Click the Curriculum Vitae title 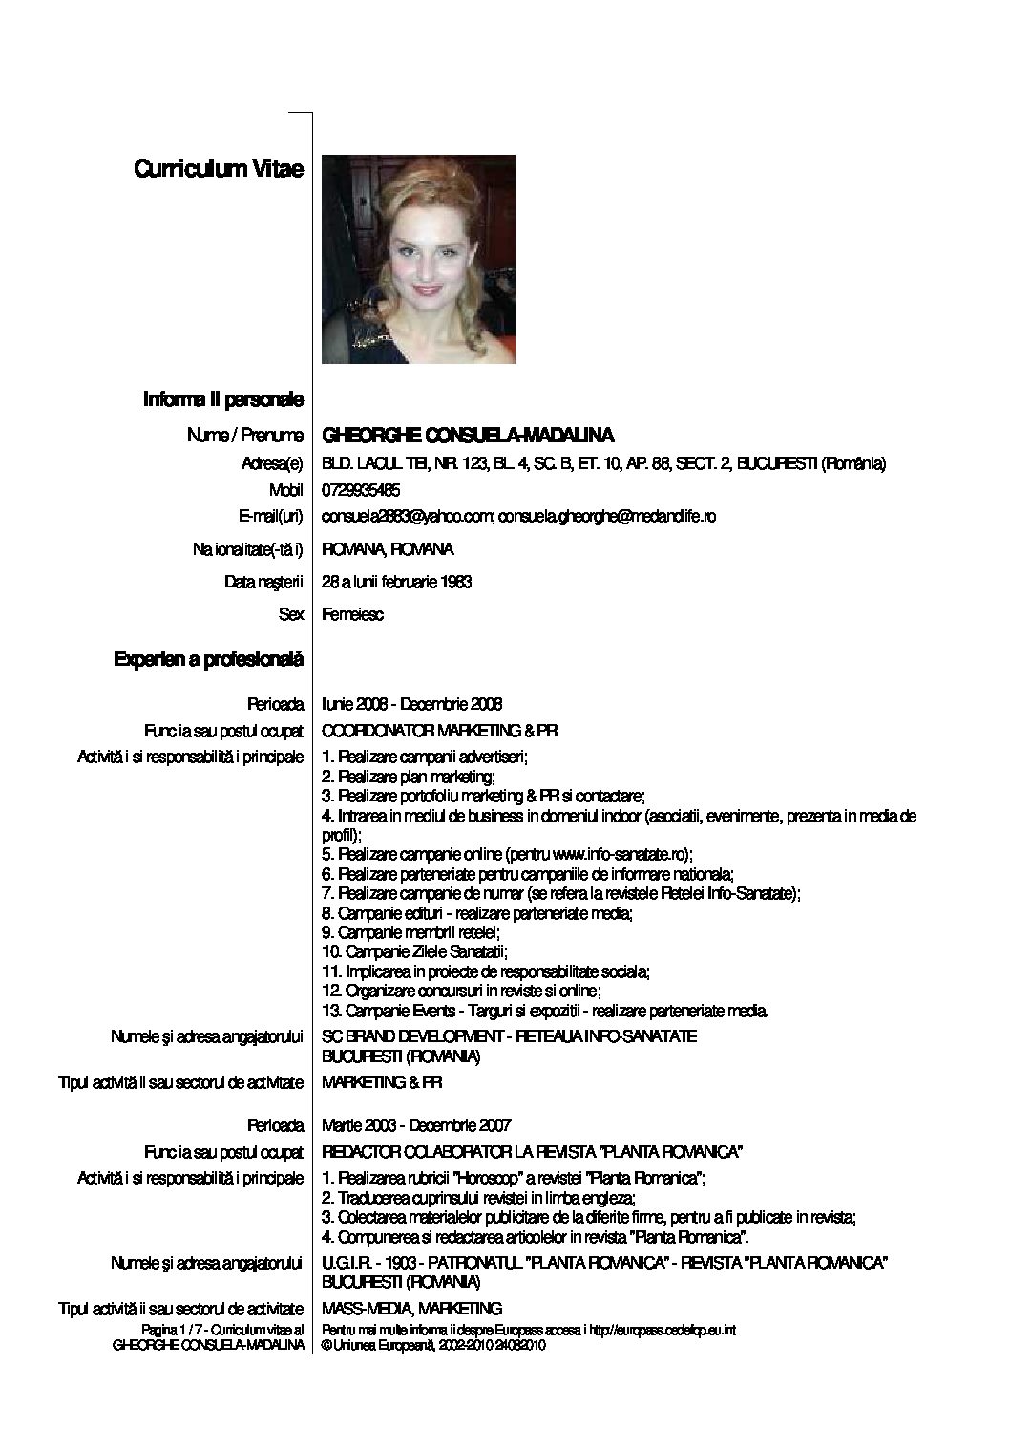(219, 169)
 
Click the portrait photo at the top (418, 259)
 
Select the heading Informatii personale (222, 398)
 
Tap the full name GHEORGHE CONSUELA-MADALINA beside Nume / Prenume (468, 436)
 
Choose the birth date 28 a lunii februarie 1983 (397, 581)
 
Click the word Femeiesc (353, 614)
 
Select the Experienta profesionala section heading (208, 659)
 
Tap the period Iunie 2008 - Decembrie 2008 (412, 704)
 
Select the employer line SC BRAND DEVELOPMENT (510, 1036)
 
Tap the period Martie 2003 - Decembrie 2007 (417, 1124)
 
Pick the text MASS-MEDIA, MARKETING (412, 1308)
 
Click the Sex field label (290, 614)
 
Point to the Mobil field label (286, 490)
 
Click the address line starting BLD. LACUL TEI (604, 464)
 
